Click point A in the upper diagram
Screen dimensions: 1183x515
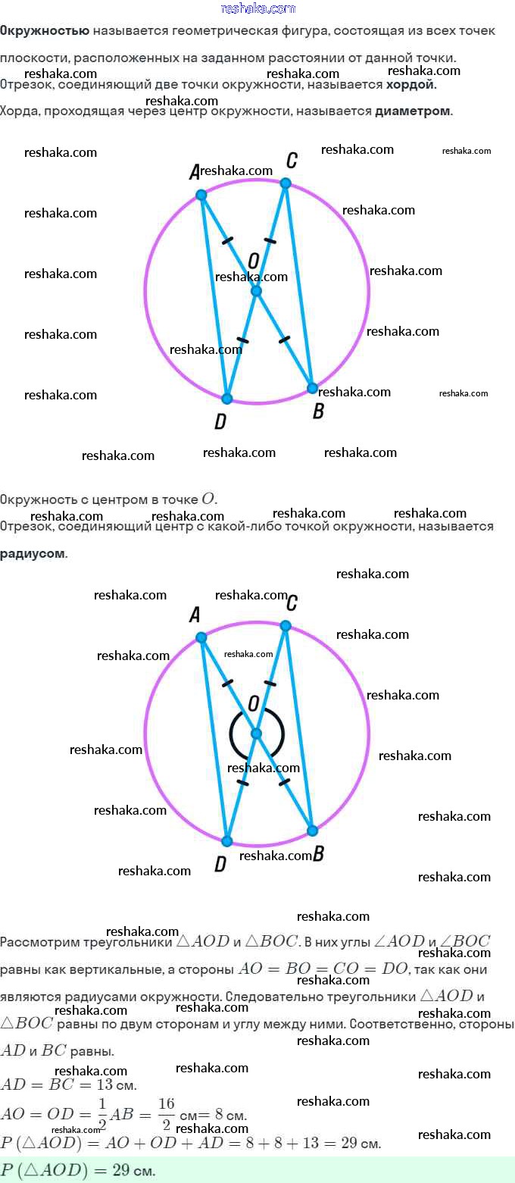point(201,195)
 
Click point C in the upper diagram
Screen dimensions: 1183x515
point(286,183)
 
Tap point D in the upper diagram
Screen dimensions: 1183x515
point(226,398)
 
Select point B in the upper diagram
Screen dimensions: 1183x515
point(312,388)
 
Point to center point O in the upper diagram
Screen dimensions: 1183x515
point(256,291)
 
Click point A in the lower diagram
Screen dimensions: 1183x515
point(201,637)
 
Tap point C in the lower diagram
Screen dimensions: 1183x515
point(286,625)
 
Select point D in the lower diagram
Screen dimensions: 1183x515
point(226,840)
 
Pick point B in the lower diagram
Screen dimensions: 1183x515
point(312,831)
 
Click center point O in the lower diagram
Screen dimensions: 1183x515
point(256,734)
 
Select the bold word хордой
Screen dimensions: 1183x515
point(411,85)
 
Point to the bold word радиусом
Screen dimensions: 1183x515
point(33,553)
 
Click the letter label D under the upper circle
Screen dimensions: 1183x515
point(220,422)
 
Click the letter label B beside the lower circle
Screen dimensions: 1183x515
point(318,854)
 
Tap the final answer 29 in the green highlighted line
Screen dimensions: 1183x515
point(122,1170)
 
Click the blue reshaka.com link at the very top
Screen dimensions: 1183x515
point(257,8)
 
